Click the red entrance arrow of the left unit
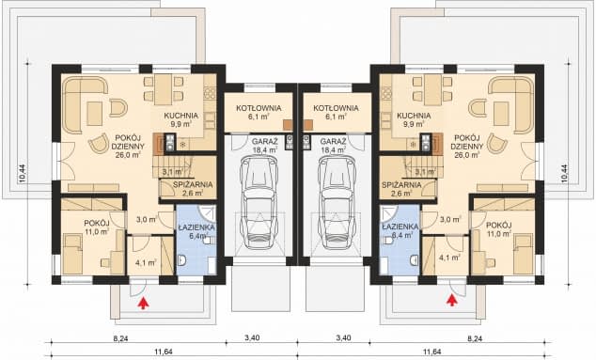pyautogui.click(x=143, y=303)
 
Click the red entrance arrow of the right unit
pyautogui.click(x=451, y=300)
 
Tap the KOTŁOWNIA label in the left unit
pyautogui.click(x=259, y=108)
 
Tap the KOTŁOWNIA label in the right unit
pyautogui.click(x=336, y=108)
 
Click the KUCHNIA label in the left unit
pyautogui.click(x=180, y=116)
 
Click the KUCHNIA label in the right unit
pyautogui.click(x=414, y=116)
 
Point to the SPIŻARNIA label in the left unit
pyautogui.click(x=193, y=185)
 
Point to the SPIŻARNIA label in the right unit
pyautogui.click(x=401, y=185)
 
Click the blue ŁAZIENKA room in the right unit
pyautogui.click(x=400, y=240)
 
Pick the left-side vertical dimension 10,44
pyautogui.click(x=22, y=174)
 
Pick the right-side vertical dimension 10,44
pyautogui.click(x=563, y=174)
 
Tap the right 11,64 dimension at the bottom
pyautogui.click(x=432, y=352)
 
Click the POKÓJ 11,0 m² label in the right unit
pyautogui.click(x=498, y=229)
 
